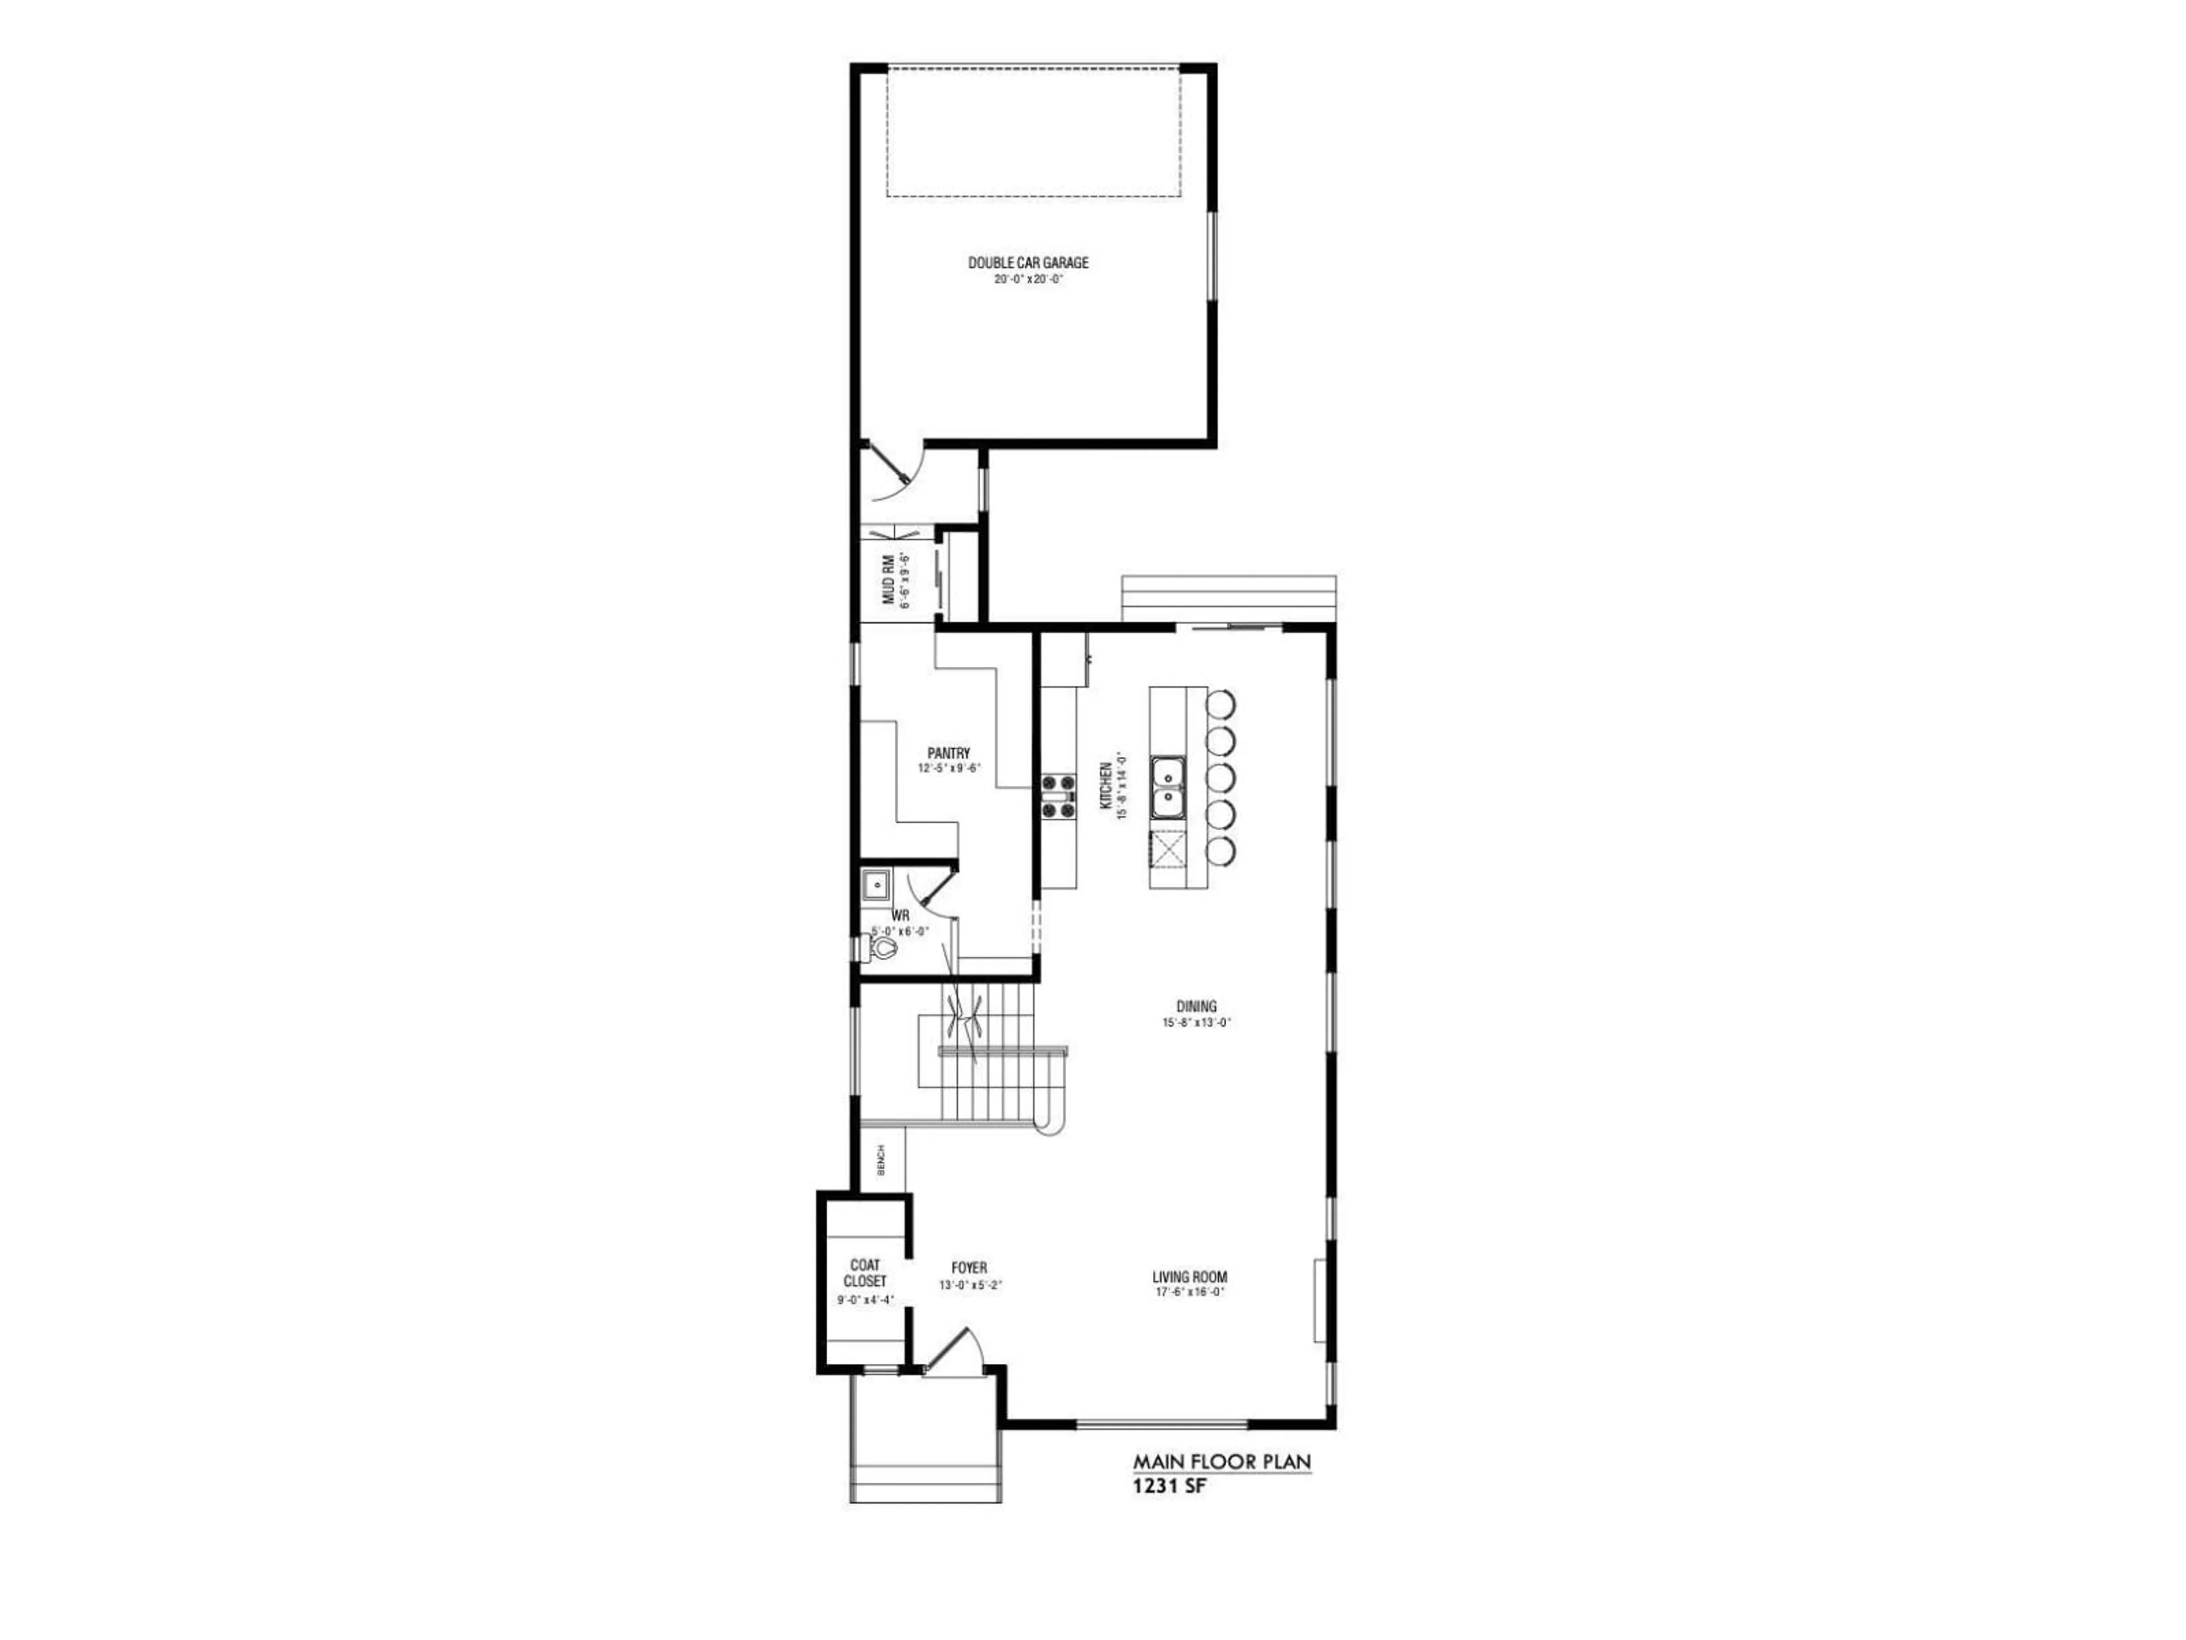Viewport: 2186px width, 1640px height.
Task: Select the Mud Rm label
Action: pyautogui.click(x=889, y=579)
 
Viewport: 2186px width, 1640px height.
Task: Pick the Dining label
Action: pyautogui.click(x=1196, y=1006)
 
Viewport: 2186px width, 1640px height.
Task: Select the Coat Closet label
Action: pyautogui.click(x=865, y=1273)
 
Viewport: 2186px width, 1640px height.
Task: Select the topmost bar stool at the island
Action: pyautogui.click(x=1221, y=703)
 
